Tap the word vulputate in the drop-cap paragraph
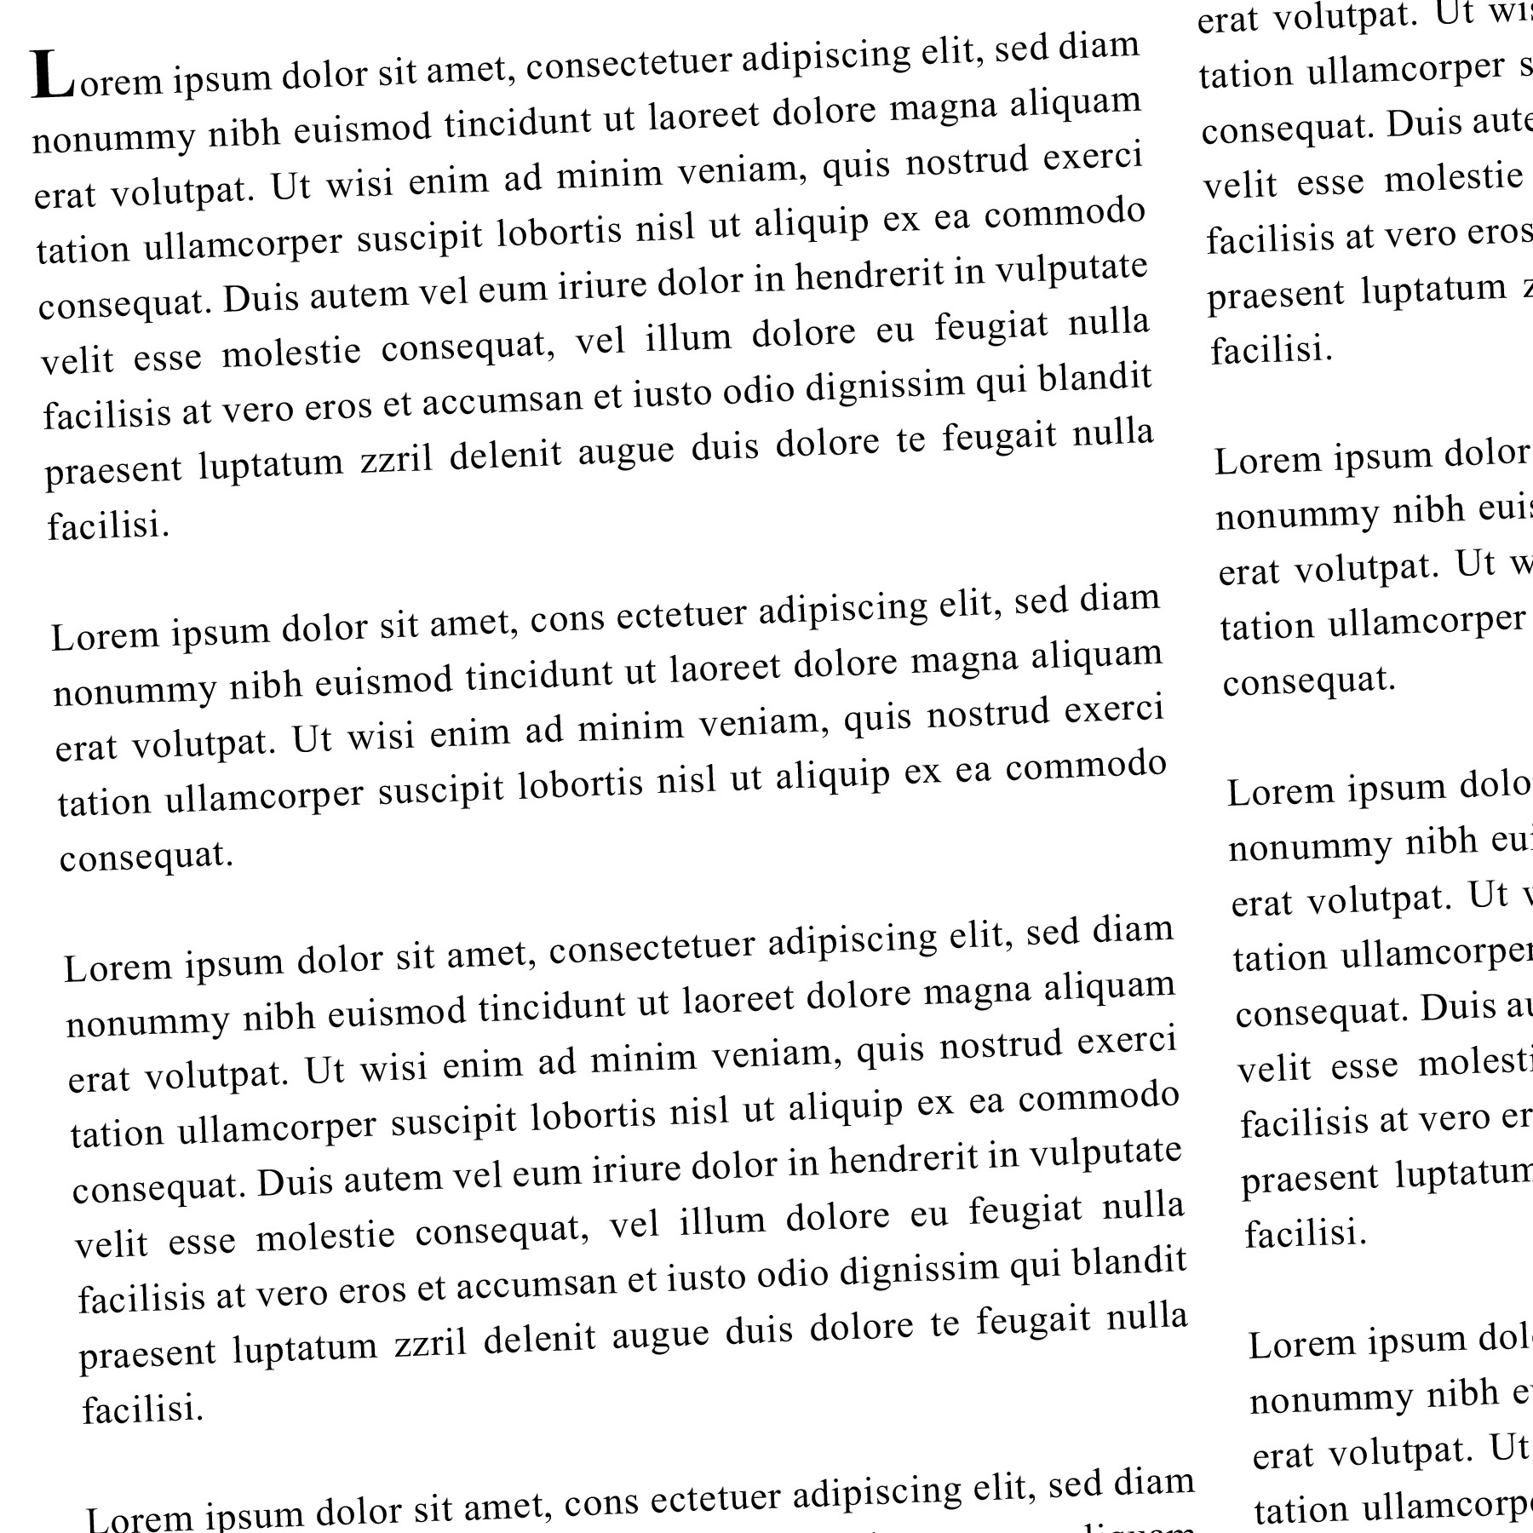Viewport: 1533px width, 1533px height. coord(1071,271)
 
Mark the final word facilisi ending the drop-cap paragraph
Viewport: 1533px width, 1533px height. coord(108,525)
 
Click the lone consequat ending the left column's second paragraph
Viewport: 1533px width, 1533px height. coord(146,856)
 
